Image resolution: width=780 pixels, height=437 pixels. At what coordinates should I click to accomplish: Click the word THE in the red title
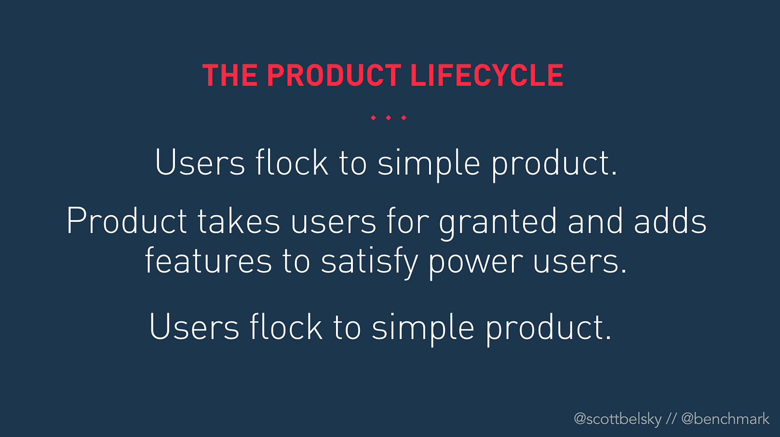(230, 75)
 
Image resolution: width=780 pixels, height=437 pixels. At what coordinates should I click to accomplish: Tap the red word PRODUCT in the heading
(333, 75)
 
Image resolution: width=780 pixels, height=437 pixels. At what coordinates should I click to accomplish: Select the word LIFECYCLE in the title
(487, 75)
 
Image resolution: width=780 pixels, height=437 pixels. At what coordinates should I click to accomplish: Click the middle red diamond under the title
(388, 118)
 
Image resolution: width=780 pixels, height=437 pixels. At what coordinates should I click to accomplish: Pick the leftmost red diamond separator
(373, 118)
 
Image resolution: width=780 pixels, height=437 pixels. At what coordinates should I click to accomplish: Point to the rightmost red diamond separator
(404, 118)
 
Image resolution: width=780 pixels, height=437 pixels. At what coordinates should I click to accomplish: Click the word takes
(238, 220)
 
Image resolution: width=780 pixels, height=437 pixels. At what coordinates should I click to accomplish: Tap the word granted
(498, 223)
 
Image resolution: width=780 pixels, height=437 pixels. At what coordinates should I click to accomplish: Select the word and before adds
(595, 220)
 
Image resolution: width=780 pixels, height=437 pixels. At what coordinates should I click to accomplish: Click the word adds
(670, 220)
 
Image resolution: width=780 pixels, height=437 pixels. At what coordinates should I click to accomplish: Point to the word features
(208, 260)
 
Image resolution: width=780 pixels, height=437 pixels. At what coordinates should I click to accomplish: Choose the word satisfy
(370, 263)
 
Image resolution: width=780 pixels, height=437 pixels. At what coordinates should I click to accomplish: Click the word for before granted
(408, 220)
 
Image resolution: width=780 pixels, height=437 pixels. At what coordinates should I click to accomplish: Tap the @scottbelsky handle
(618, 419)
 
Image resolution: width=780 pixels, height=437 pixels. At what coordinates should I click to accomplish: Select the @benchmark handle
(725, 418)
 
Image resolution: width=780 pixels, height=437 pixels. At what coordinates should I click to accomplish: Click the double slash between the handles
(671, 418)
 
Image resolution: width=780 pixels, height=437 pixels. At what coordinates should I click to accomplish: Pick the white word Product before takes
(127, 220)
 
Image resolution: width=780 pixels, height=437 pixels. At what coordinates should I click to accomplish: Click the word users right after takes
(333, 225)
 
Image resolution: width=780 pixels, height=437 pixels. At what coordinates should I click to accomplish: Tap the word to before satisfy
(296, 261)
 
